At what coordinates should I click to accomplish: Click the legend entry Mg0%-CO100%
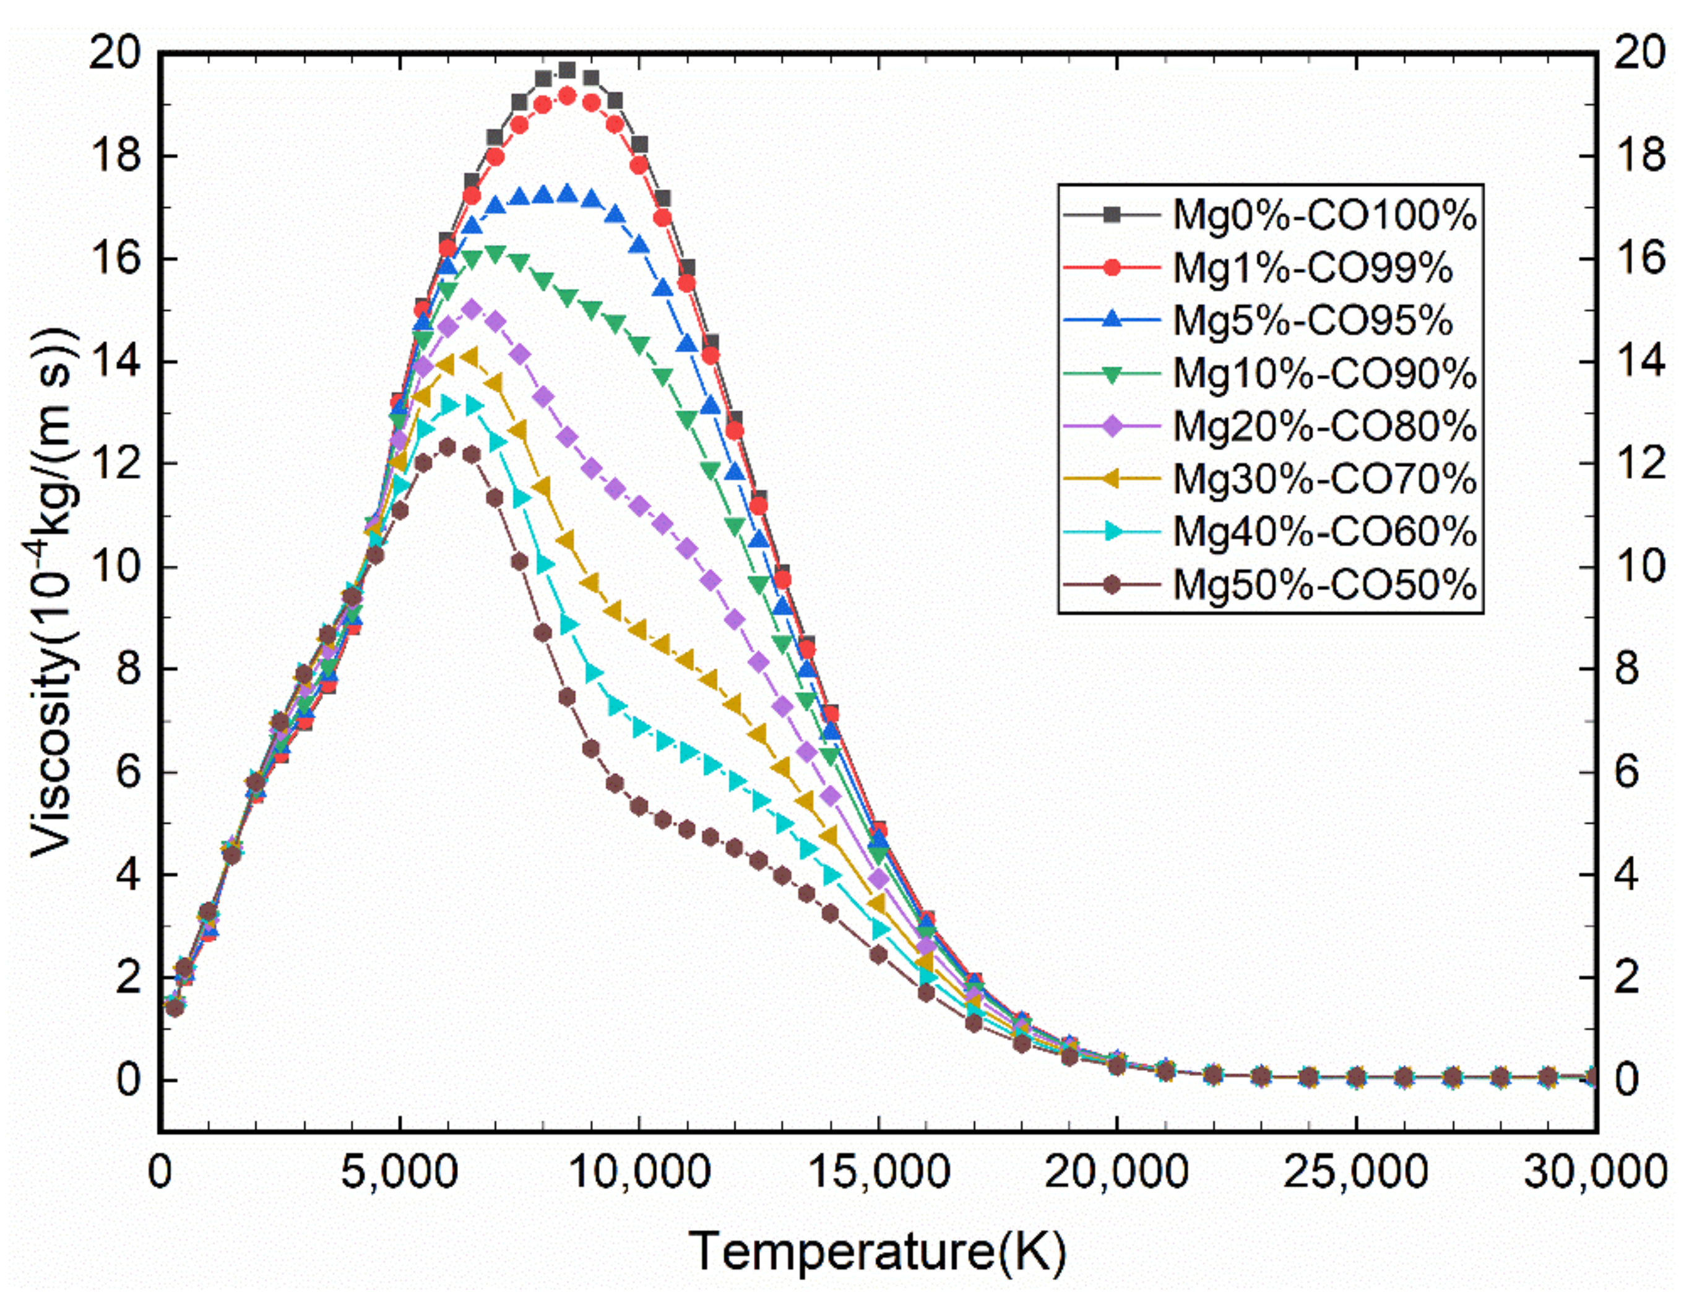click(1323, 215)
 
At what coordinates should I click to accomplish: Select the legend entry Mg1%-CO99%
click(1312, 267)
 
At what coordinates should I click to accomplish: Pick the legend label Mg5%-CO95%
click(1312, 320)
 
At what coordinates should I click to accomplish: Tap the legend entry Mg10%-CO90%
click(1323, 373)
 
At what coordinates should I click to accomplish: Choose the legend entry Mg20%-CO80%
click(1323, 426)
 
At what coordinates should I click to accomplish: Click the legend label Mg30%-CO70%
click(1323, 478)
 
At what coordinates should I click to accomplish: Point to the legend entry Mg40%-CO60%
click(1323, 531)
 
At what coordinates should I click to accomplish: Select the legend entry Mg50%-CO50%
click(1323, 584)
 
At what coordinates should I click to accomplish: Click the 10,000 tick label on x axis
click(639, 1171)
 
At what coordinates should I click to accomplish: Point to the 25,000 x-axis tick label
click(1355, 1171)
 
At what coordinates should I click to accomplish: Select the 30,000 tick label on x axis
click(1595, 1171)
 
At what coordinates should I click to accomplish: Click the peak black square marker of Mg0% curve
click(567, 71)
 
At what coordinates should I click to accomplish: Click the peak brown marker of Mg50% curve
click(447, 447)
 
